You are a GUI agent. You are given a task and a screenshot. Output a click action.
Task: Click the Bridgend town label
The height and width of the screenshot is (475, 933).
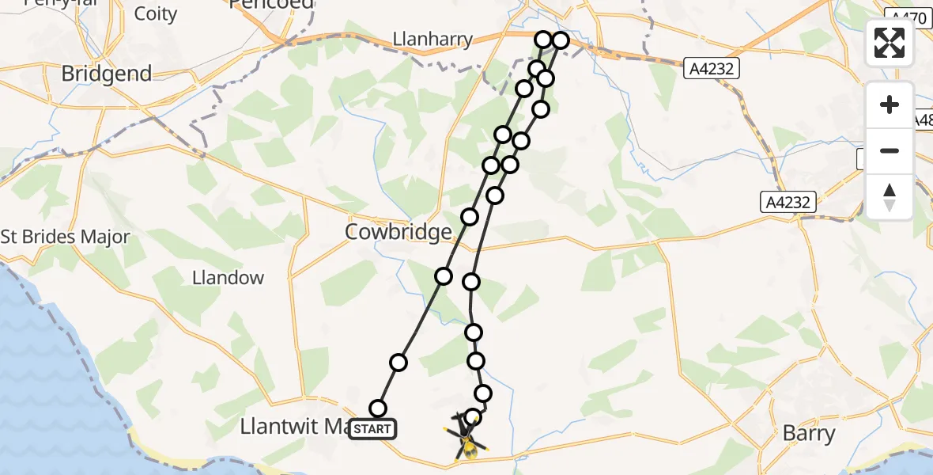tap(107, 74)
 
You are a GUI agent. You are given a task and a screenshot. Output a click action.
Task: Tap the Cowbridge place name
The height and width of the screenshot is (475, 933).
tap(399, 232)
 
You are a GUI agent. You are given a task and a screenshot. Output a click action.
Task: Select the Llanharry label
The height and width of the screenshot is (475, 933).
tap(433, 39)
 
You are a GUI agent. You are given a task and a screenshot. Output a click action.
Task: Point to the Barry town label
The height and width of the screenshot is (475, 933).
tap(808, 433)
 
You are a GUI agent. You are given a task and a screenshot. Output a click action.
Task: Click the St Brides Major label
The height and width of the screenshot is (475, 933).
tap(65, 237)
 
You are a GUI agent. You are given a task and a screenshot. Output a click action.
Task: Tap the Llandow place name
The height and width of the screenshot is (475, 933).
tap(229, 278)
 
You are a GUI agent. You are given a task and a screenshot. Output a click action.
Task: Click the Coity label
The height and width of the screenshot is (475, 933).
tap(156, 13)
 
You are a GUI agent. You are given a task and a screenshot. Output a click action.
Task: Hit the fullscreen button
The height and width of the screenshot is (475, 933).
tap(890, 43)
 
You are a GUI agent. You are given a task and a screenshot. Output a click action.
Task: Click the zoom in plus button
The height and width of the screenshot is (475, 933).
tap(890, 105)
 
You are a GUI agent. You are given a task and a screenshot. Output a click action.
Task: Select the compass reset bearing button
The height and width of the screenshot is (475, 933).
tap(890, 196)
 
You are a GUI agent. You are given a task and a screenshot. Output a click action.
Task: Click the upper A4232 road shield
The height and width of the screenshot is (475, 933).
tap(712, 69)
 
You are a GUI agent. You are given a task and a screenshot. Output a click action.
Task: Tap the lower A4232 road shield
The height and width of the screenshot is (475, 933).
tap(788, 202)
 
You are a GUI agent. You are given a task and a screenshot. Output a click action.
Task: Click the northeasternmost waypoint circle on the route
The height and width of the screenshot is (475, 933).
tap(561, 40)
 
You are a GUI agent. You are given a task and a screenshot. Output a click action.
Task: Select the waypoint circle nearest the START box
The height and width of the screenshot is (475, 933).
tap(378, 408)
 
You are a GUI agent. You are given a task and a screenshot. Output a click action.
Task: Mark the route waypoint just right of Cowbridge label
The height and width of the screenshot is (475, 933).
tap(470, 217)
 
